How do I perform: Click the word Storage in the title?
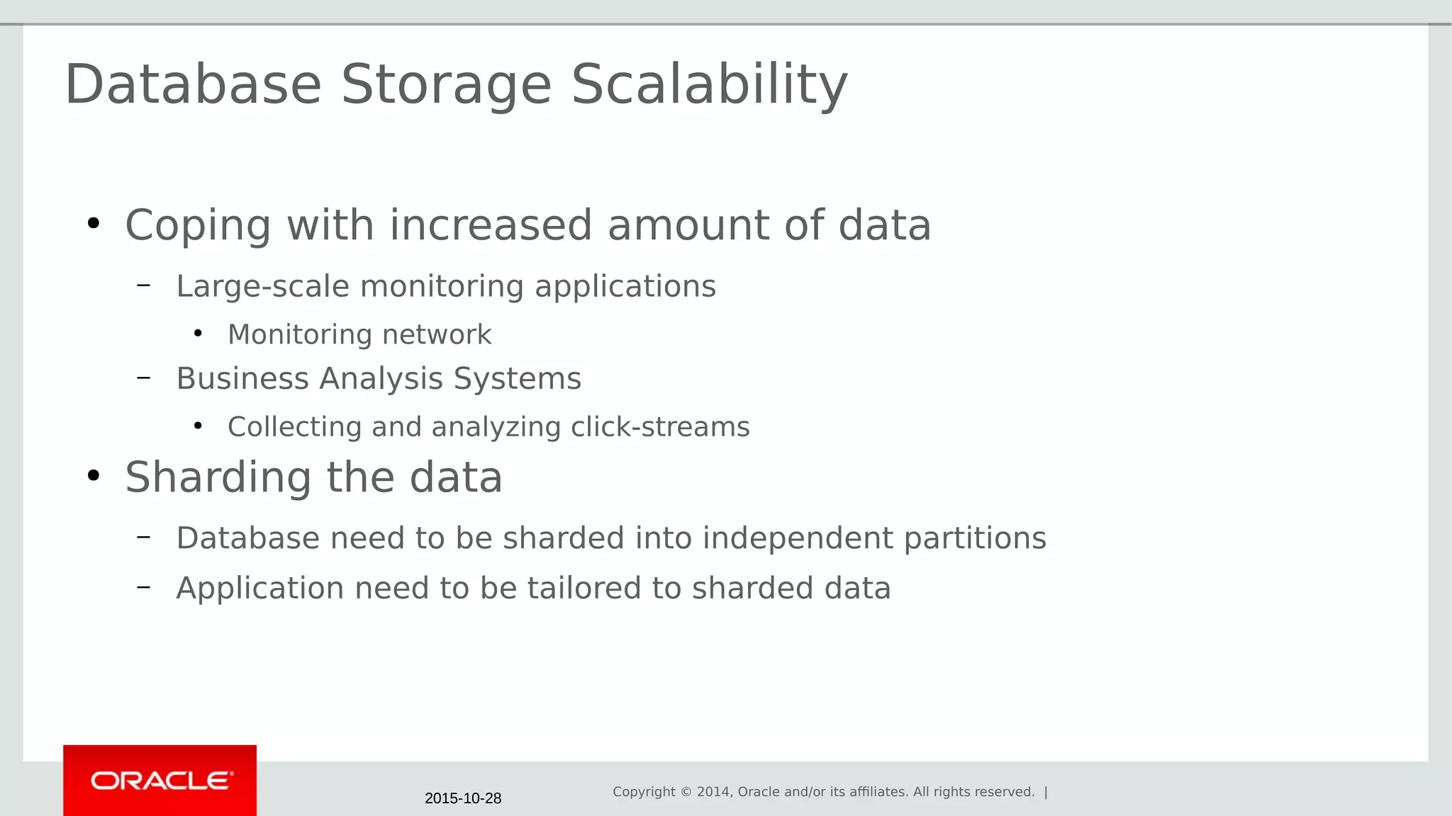point(446,85)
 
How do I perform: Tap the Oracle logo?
point(161,781)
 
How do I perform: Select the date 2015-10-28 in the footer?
point(463,798)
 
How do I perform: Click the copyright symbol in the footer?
point(686,792)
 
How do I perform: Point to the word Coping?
point(198,227)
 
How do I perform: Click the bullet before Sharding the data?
point(94,476)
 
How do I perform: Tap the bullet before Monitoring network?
point(198,333)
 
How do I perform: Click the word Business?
point(242,378)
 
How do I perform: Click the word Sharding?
point(218,478)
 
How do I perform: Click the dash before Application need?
point(144,586)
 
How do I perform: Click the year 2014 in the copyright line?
point(713,792)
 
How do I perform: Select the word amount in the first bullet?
point(688,225)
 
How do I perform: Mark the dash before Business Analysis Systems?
point(144,378)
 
